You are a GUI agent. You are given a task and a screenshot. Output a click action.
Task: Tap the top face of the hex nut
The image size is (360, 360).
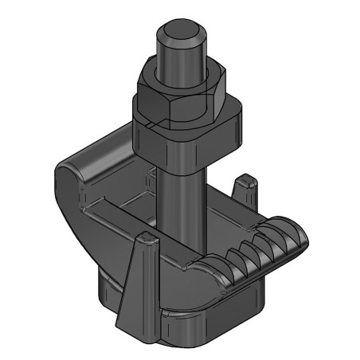click(180, 76)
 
